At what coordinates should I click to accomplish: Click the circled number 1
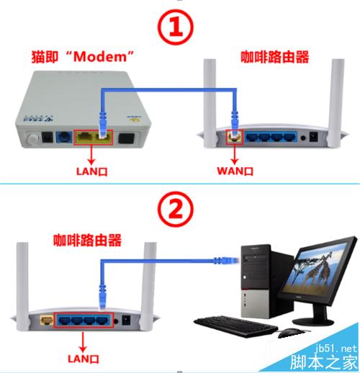(x=175, y=27)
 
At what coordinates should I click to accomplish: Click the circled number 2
(x=175, y=209)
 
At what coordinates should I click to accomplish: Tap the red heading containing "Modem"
(x=83, y=57)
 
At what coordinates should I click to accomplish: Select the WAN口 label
(x=235, y=171)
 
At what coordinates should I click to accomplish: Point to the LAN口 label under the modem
(x=91, y=171)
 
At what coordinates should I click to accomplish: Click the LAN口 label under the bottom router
(x=84, y=359)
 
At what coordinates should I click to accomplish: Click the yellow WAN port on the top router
(x=235, y=137)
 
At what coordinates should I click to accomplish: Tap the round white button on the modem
(x=33, y=138)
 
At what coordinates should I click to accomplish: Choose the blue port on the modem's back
(x=64, y=137)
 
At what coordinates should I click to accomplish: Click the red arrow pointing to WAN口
(x=235, y=155)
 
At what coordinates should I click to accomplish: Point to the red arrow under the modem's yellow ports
(x=91, y=155)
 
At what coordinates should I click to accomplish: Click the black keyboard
(x=235, y=326)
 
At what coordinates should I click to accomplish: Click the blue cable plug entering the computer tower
(x=226, y=261)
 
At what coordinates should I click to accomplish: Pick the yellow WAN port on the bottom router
(x=47, y=320)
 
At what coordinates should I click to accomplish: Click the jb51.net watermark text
(x=336, y=349)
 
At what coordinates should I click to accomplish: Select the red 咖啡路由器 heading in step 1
(x=275, y=57)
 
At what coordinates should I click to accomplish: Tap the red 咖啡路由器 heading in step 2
(x=87, y=240)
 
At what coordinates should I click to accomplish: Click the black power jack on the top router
(x=314, y=137)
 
